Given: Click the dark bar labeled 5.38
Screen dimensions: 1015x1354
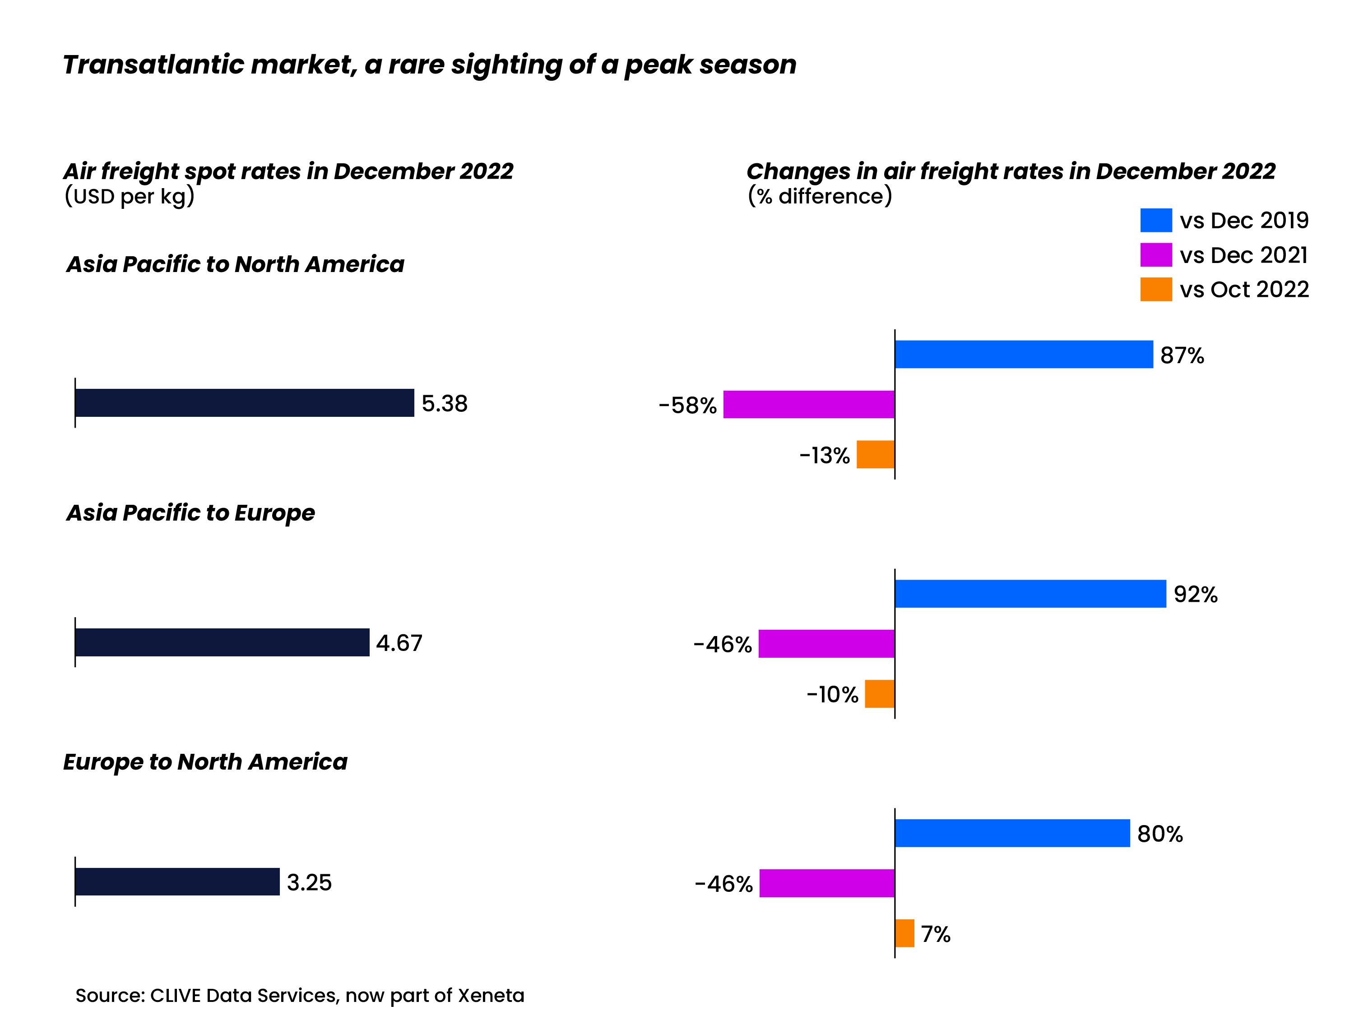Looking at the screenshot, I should tap(244, 402).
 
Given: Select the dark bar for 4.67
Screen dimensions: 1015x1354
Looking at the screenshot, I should tap(222, 642).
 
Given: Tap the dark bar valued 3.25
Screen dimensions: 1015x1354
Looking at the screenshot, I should tap(177, 881).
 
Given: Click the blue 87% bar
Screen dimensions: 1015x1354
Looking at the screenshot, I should tap(1024, 354).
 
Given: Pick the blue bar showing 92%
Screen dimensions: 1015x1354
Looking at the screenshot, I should tap(1030, 594).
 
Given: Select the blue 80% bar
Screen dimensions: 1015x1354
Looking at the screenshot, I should tap(1012, 833).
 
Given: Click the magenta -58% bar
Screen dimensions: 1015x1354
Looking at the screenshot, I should tap(809, 404).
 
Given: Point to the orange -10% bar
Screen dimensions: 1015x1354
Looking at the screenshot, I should tap(879, 694).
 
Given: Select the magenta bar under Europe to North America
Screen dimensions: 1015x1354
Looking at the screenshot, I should tap(826, 883).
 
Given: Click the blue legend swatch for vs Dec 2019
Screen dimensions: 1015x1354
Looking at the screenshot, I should tap(1156, 220).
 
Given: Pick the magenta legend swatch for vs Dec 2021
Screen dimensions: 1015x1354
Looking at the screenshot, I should tap(1156, 254).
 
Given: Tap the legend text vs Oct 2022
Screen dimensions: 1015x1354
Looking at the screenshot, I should tap(1244, 290).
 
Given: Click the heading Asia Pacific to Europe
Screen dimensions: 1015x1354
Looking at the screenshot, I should tap(190, 513).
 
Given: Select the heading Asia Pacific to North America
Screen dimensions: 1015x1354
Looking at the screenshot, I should tap(235, 264).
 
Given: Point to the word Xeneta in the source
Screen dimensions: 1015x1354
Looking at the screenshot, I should tap(491, 996).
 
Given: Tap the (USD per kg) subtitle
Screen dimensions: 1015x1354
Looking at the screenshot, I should tap(129, 196).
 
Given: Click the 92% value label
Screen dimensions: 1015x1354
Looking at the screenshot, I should tap(1195, 594).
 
